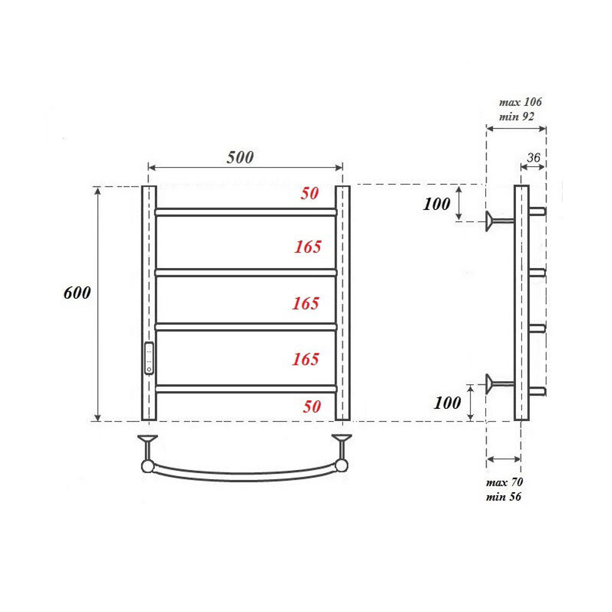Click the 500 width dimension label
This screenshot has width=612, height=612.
click(240, 157)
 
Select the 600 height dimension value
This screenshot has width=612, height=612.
click(77, 293)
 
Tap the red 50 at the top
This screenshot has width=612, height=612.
click(310, 194)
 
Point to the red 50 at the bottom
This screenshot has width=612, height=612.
click(312, 407)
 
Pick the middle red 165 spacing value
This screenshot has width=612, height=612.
click(306, 304)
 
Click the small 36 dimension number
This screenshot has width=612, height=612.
click(533, 157)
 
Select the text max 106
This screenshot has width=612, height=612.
click(520, 102)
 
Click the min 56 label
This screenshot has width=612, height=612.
click(504, 496)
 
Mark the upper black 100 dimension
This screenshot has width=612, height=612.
click(436, 204)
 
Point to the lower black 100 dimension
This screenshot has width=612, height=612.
click(447, 403)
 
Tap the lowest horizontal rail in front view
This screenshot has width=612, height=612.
click(245, 388)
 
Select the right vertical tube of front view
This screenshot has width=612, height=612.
click(343, 303)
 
